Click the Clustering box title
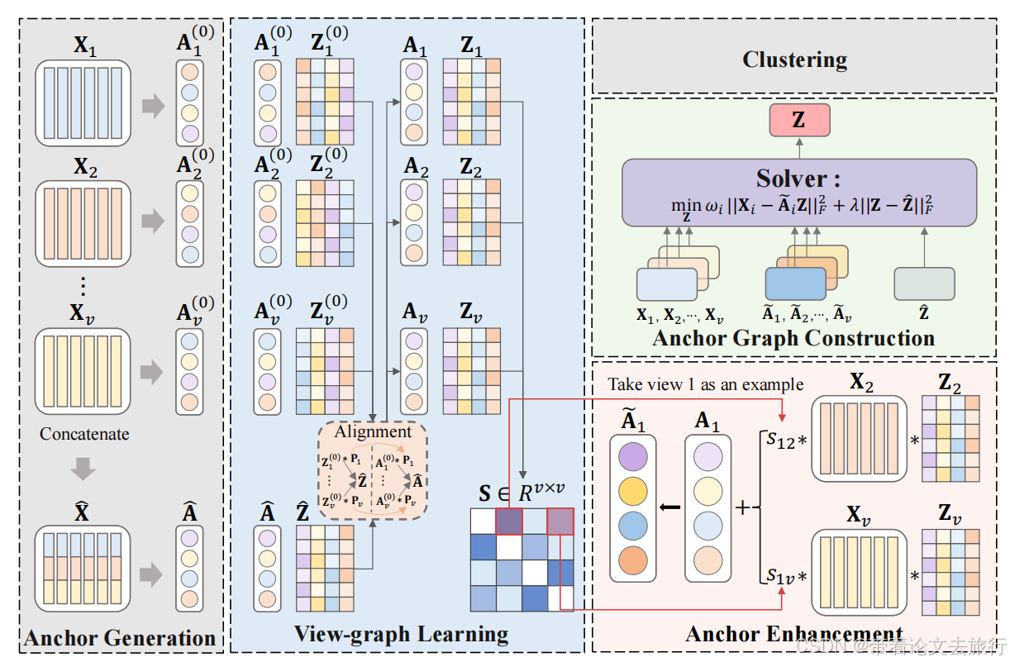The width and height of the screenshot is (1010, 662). [794, 60]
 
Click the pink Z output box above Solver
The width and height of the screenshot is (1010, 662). [798, 121]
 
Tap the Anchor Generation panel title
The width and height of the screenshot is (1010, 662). [120, 638]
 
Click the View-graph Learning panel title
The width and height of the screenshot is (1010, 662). [401, 635]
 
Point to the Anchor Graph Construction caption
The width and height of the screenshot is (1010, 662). [793, 338]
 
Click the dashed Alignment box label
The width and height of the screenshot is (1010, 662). [372, 431]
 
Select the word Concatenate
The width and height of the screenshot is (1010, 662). [84, 434]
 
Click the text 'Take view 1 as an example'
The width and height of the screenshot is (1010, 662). [705, 384]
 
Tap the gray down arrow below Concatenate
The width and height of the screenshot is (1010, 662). [83, 469]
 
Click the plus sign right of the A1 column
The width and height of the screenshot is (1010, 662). [742, 507]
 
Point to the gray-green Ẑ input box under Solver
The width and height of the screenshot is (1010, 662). [924, 283]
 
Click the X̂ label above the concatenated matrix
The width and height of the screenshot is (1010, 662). [82, 512]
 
